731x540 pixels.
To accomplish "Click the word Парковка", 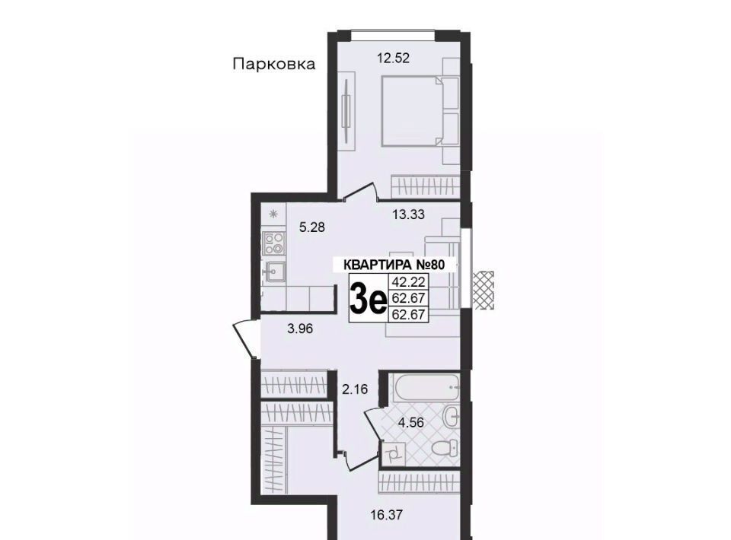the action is [x=273, y=64].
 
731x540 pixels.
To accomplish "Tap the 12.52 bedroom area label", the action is [x=394, y=59].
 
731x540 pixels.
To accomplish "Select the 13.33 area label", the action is [x=408, y=214].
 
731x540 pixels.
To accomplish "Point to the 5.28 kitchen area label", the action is [x=312, y=227].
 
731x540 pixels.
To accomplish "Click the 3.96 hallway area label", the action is [x=300, y=329].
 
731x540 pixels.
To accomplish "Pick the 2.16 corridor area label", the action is [x=356, y=389].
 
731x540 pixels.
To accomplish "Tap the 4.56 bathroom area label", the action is [x=410, y=423].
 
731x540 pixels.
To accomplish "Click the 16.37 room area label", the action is [x=387, y=516].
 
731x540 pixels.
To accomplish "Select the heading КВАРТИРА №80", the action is [x=394, y=265].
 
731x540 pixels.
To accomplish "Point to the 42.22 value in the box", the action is [x=408, y=282].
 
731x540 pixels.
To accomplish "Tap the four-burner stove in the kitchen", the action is [x=273, y=243].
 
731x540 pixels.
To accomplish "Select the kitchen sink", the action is [x=273, y=272].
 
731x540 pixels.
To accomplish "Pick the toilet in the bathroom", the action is [x=443, y=448].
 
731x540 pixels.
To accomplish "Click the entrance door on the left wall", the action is [x=244, y=338].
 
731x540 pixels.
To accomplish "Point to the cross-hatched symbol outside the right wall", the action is [x=484, y=290].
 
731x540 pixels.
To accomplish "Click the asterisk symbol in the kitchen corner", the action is [x=273, y=214].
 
